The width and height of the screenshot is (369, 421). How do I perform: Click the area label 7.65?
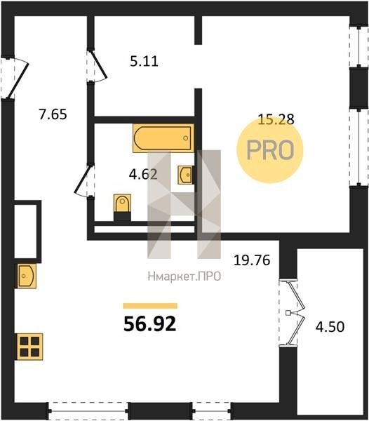point(53,114)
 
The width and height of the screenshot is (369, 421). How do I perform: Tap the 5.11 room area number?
point(144,62)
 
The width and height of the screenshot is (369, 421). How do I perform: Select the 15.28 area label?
point(276,119)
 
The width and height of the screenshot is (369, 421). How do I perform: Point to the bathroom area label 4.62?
point(143,175)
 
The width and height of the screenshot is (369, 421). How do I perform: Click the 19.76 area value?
point(252,260)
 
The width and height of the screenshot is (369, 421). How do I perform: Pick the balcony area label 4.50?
point(330,327)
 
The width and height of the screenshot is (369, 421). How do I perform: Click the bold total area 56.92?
point(149,323)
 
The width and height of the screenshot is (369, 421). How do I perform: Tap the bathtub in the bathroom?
point(163,138)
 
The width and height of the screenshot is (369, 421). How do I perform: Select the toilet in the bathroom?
point(122,207)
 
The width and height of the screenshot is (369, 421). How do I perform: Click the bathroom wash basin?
point(185,175)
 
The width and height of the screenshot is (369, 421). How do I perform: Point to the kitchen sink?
point(26,276)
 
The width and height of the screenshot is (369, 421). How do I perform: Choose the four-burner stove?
point(29,347)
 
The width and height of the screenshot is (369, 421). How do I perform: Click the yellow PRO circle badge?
point(269,150)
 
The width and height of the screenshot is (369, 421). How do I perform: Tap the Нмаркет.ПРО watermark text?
point(184,276)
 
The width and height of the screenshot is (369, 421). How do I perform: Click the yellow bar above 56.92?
point(150,306)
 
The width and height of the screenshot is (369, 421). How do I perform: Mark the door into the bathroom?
point(84,180)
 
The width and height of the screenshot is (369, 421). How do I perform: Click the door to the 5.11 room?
point(97,65)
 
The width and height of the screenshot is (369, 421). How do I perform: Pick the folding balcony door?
point(296,313)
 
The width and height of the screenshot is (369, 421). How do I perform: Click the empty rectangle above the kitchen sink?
point(25,231)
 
